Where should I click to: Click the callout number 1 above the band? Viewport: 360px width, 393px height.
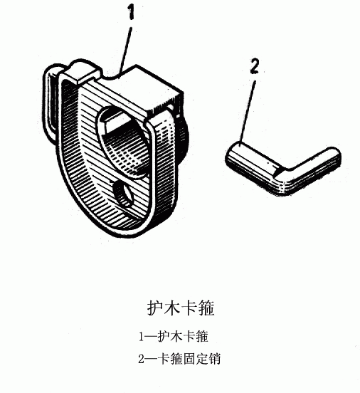131,13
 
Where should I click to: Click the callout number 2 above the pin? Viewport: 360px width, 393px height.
255,66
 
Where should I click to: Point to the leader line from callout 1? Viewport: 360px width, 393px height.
125,50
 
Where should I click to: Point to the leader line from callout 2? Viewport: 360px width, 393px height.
247,112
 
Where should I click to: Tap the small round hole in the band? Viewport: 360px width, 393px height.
123,194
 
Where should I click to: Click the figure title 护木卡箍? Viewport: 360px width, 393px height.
181,308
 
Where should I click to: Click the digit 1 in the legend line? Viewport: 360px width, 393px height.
142,337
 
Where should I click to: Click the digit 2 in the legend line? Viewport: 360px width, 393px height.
142,359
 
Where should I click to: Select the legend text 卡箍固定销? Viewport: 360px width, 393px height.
189,359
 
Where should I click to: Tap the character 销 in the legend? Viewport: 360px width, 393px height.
214,359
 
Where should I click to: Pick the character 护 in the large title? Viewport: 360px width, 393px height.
154,308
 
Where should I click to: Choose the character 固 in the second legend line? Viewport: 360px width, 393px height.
189,359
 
